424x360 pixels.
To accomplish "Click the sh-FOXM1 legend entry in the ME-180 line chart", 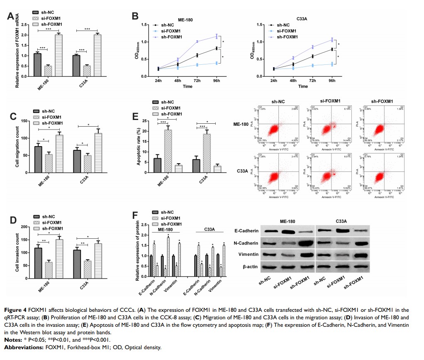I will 171,37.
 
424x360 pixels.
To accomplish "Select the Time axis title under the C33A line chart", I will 303,86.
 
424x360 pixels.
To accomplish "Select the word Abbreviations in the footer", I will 24,347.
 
